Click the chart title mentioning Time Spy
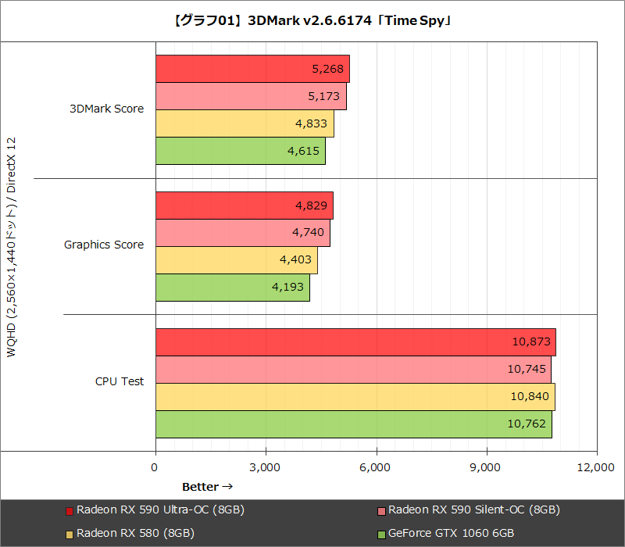312,21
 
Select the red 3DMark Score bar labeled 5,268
252,69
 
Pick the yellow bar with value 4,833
244,123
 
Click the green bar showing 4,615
240,151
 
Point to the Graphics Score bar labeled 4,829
244,206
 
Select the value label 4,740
308,233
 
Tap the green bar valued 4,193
232,287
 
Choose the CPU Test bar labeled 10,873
355,341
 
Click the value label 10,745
529,369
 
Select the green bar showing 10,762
353,424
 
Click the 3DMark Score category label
106,109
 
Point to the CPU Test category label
119,381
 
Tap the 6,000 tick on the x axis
376,467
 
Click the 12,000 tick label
597,467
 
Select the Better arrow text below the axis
207,487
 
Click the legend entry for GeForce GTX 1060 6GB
451,533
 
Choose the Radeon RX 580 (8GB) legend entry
134,533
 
